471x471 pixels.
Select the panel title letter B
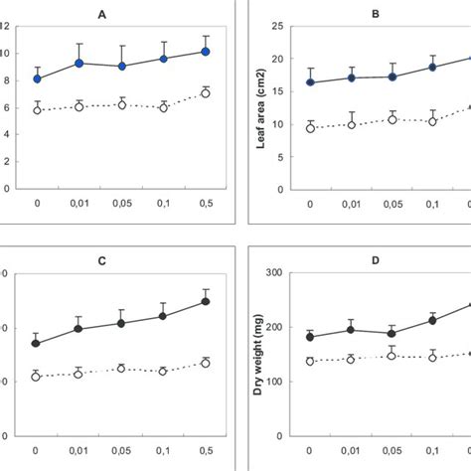376,14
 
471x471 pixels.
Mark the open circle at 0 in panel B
311,128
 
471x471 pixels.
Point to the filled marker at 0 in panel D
310,338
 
